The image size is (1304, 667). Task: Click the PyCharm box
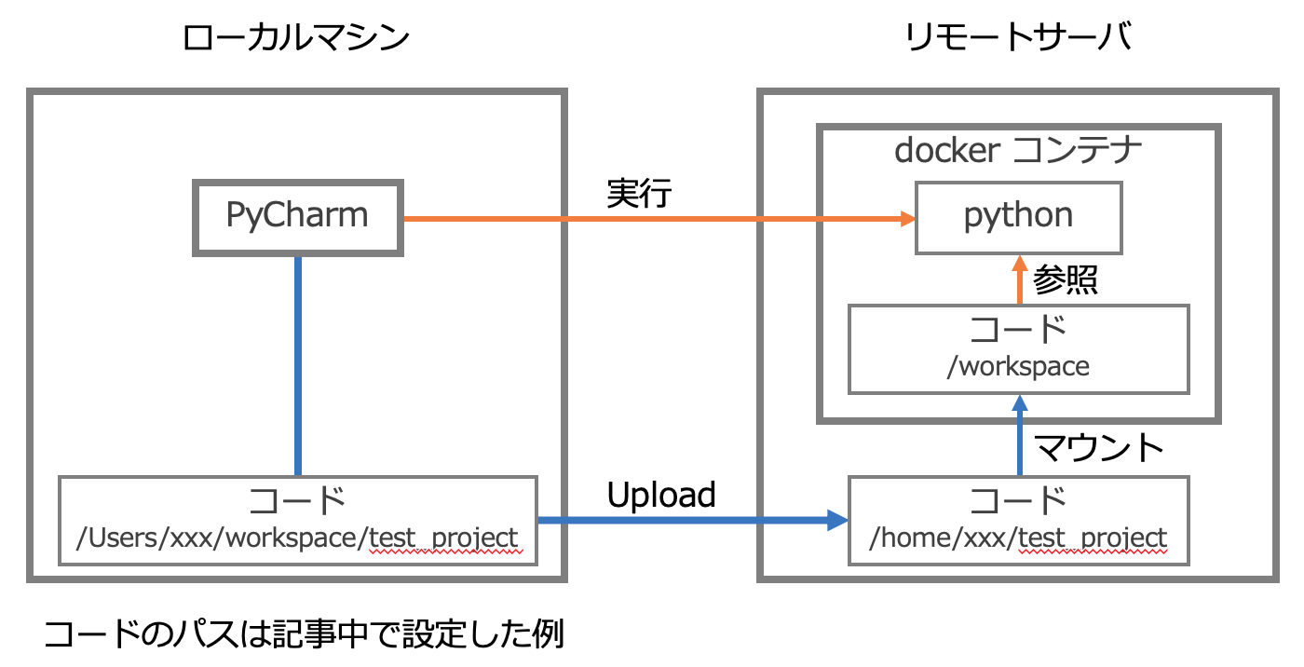point(297,216)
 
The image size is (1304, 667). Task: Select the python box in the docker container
point(1018,216)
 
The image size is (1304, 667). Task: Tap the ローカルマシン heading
point(296,38)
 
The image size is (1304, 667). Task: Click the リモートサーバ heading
point(1018,38)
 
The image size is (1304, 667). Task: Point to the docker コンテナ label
point(1018,150)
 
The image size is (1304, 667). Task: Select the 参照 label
point(1066,279)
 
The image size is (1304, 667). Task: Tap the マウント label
point(1100,448)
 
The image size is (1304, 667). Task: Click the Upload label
point(661,495)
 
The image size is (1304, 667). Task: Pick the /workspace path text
point(1018,366)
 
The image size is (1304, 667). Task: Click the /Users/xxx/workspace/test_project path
point(297,538)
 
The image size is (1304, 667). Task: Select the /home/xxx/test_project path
point(1018,538)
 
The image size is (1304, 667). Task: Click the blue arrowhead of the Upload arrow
point(836,521)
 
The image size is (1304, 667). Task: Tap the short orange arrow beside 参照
point(1019,279)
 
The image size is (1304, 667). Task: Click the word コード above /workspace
point(1018,330)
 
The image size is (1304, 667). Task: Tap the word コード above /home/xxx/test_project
point(1018,501)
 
